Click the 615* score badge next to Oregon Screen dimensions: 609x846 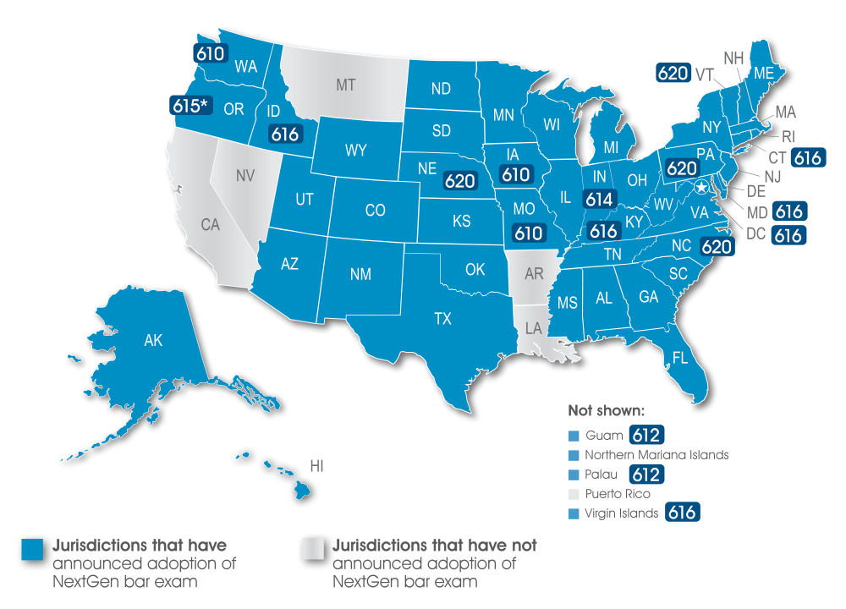[x=190, y=106]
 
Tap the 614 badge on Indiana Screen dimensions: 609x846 [x=601, y=199]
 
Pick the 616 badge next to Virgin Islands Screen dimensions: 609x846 [x=682, y=513]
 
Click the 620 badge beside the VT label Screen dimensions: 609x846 [x=673, y=74]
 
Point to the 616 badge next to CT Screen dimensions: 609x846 [x=808, y=157]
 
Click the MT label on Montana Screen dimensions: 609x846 [x=345, y=85]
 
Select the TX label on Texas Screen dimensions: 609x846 [x=442, y=319]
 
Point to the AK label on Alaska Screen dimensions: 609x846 [x=153, y=341]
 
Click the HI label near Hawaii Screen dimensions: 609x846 [x=316, y=466]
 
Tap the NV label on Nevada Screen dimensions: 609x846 [x=244, y=176]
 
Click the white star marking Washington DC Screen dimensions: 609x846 [x=701, y=187]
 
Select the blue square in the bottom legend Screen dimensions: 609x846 [x=33, y=549]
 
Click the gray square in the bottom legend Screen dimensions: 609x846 [x=313, y=549]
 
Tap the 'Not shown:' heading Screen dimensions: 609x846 [x=607, y=412]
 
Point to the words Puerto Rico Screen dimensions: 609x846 [x=618, y=494]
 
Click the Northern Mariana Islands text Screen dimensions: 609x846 [x=656, y=455]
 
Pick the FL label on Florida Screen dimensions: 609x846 [x=679, y=358]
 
